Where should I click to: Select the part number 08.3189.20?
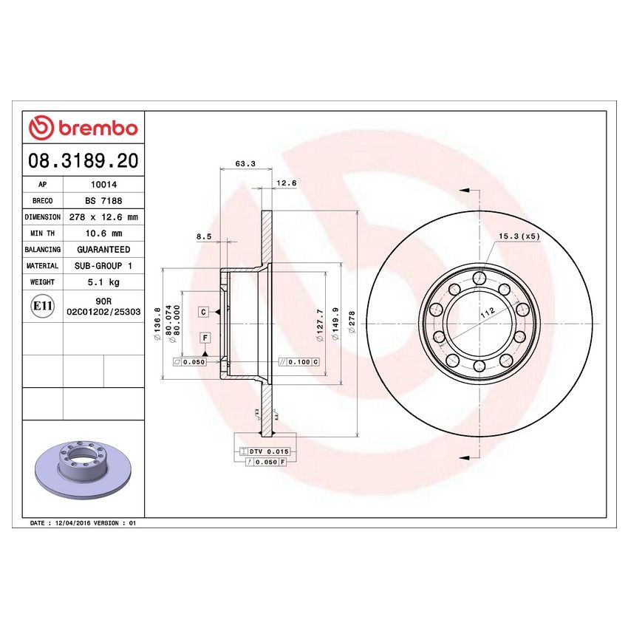coord(83,160)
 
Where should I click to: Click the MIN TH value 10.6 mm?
coord(102,233)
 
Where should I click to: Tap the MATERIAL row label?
coord(42,266)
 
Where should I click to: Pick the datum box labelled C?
coord(202,313)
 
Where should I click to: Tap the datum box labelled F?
coord(205,338)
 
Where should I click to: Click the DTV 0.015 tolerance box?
coord(264,451)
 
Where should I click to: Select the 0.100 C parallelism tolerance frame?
coord(298,362)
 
